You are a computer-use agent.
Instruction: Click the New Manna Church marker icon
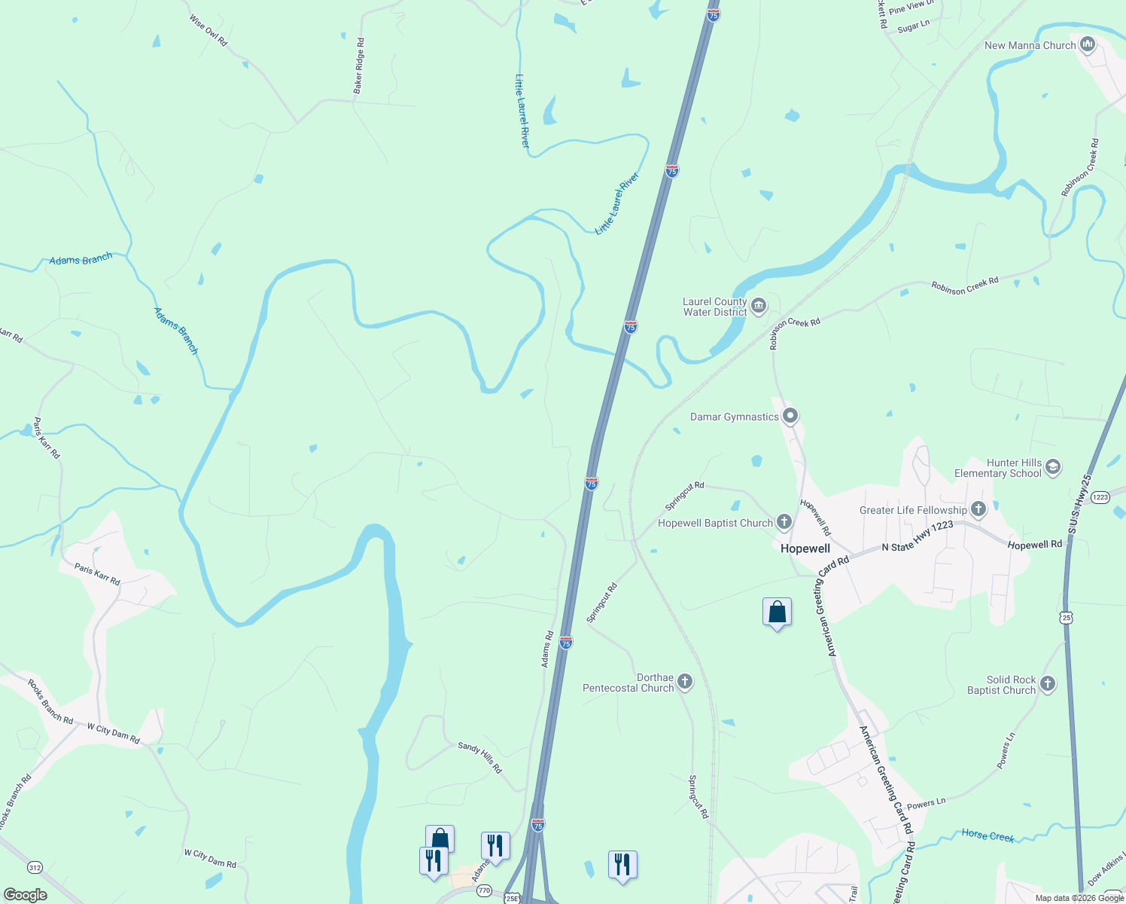pyautogui.click(x=1087, y=45)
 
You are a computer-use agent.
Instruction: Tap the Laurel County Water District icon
pyautogui.click(x=758, y=306)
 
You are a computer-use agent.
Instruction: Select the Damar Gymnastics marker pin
pyautogui.click(x=790, y=416)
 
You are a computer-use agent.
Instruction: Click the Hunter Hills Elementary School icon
pyautogui.click(x=1052, y=467)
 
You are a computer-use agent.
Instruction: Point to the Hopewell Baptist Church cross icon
pyautogui.click(x=784, y=522)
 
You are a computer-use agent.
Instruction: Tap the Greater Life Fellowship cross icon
pyautogui.click(x=978, y=509)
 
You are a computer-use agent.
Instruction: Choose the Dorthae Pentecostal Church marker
pyautogui.click(x=684, y=682)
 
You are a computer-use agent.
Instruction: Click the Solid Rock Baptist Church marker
pyautogui.click(x=1047, y=684)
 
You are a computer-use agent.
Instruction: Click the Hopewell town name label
pyautogui.click(x=805, y=548)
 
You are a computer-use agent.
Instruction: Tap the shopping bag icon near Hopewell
pyautogui.click(x=777, y=612)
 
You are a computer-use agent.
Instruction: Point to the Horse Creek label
pyautogui.click(x=988, y=835)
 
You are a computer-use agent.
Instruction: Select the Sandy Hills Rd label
pyautogui.click(x=479, y=757)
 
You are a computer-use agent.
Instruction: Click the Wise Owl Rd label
pyautogui.click(x=208, y=30)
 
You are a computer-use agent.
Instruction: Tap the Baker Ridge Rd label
pyautogui.click(x=359, y=66)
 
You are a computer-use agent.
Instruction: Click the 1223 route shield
pyautogui.click(x=1100, y=497)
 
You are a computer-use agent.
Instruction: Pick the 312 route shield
pyautogui.click(x=35, y=868)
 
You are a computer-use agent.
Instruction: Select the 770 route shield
pyautogui.click(x=484, y=890)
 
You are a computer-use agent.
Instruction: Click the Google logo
pyautogui.click(x=25, y=895)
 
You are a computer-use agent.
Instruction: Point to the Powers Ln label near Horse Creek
pyautogui.click(x=926, y=804)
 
